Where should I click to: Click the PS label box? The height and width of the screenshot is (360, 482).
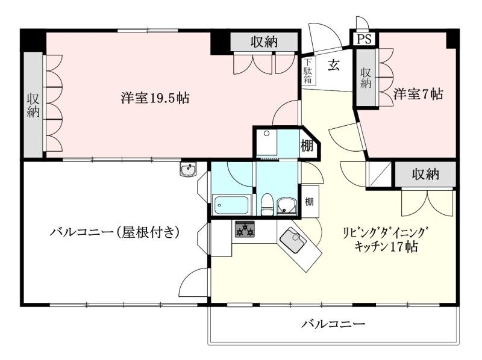coord(364,39)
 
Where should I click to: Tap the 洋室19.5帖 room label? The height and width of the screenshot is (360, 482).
coord(155,98)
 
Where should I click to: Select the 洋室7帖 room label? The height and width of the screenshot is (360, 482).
coord(419,94)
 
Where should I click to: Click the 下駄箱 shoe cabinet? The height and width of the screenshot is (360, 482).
coord(308,71)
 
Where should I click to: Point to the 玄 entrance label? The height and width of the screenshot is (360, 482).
coord(333,65)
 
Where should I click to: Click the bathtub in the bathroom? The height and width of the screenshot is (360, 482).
coord(231,205)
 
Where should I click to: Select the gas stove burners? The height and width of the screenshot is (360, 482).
coord(245,229)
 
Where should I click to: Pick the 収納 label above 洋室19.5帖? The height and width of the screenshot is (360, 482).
coord(264,42)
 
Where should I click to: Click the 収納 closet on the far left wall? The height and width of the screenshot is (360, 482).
coord(34,105)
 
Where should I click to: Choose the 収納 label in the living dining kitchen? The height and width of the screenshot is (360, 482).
coord(425,175)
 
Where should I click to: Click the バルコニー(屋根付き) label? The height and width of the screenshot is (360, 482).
coord(114,231)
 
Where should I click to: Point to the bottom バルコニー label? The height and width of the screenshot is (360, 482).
coord(333,324)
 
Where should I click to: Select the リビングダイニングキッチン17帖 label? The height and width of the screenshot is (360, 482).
coord(386,240)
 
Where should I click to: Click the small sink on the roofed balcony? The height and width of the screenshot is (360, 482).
coord(188,170)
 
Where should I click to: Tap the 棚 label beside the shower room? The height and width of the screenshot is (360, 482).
coord(307,145)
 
